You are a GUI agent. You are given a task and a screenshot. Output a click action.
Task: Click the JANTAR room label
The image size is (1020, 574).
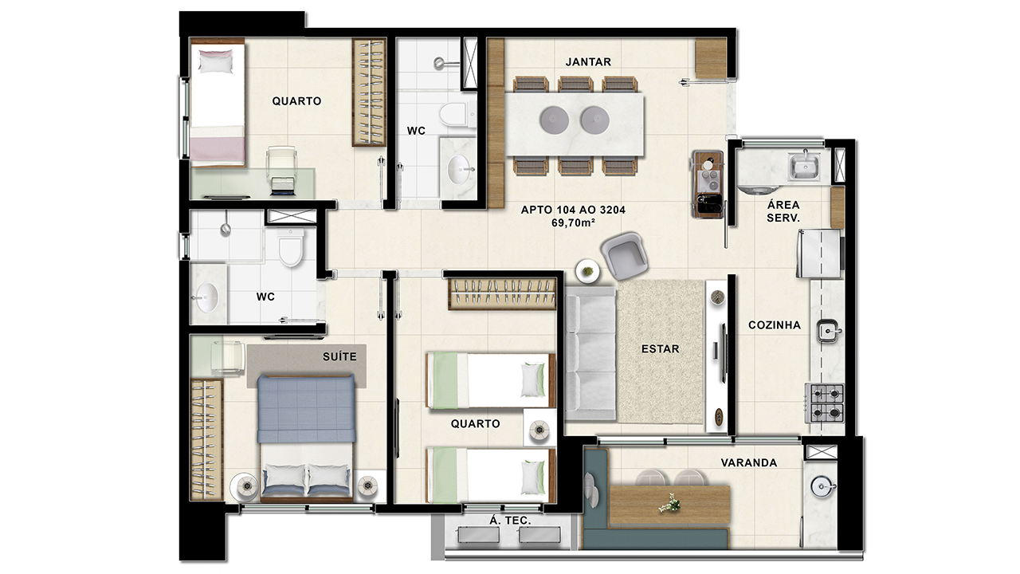pyautogui.click(x=588, y=62)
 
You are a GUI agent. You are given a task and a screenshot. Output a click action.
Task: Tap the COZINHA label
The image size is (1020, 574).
pyautogui.click(x=774, y=325)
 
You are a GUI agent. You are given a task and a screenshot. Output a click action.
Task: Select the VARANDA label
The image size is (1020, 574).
pyautogui.click(x=748, y=463)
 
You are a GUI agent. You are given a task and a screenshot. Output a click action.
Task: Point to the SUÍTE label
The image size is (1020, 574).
pyautogui.click(x=339, y=356)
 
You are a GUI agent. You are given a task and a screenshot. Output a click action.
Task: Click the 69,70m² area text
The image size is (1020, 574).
pyautogui.click(x=573, y=222)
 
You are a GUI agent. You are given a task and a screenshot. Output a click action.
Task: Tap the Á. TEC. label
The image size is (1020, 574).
pyautogui.click(x=510, y=521)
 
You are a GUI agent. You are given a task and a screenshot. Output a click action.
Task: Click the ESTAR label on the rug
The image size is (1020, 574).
pyautogui.click(x=661, y=349)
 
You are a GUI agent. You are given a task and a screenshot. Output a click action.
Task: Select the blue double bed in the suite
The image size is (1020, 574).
pyautogui.click(x=306, y=438)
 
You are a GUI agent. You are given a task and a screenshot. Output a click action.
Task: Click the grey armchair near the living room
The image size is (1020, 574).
pyautogui.click(x=624, y=256)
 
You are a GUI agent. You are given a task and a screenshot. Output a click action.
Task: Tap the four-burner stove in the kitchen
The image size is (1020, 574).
pyautogui.click(x=825, y=403)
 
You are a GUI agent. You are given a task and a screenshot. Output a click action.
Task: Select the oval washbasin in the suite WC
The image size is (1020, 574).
pyautogui.click(x=207, y=297)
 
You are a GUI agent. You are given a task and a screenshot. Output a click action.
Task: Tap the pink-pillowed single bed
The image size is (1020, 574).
pyautogui.click(x=218, y=103)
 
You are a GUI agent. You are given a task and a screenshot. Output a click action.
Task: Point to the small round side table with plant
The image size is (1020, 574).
pyautogui.click(x=588, y=271)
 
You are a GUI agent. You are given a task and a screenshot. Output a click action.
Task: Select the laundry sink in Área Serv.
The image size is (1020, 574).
pyautogui.click(x=804, y=167)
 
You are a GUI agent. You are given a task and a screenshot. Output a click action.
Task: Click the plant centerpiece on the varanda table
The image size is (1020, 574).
pyautogui.click(x=669, y=503)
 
